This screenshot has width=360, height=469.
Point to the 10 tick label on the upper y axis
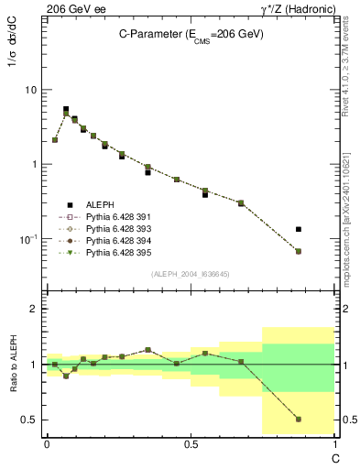tap(31, 90)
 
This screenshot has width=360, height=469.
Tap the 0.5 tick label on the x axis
tap(191, 442)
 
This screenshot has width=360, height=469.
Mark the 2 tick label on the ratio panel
tap(35, 309)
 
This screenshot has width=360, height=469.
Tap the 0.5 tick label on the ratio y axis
tap(30, 420)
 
